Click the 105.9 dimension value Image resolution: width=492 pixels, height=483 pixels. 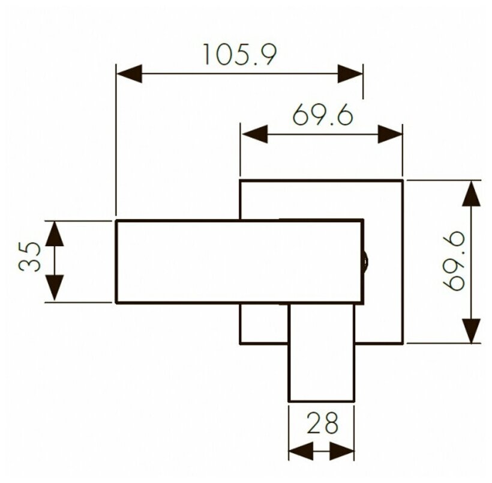click(238, 55)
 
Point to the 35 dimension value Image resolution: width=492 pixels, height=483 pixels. click(31, 258)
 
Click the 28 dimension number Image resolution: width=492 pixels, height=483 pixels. click(322, 423)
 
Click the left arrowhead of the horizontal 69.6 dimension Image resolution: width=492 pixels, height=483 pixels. click(254, 133)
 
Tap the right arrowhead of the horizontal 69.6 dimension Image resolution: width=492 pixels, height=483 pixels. click(389, 133)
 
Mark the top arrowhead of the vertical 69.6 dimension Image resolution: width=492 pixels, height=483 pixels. click(472, 193)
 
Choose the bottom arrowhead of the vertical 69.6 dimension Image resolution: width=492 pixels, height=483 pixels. click(472, 330)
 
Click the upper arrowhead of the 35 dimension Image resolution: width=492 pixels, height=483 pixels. click(55, 232)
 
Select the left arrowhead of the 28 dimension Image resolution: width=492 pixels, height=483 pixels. click(301, 450)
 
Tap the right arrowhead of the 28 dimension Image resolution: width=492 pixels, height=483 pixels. click(342, 450)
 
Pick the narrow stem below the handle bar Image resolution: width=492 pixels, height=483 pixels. click(321, 360)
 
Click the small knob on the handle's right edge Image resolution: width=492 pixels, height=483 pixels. click(365, 261)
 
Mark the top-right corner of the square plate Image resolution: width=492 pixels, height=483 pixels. click(401, 180)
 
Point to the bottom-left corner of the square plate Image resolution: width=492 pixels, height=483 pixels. click(241, 343)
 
